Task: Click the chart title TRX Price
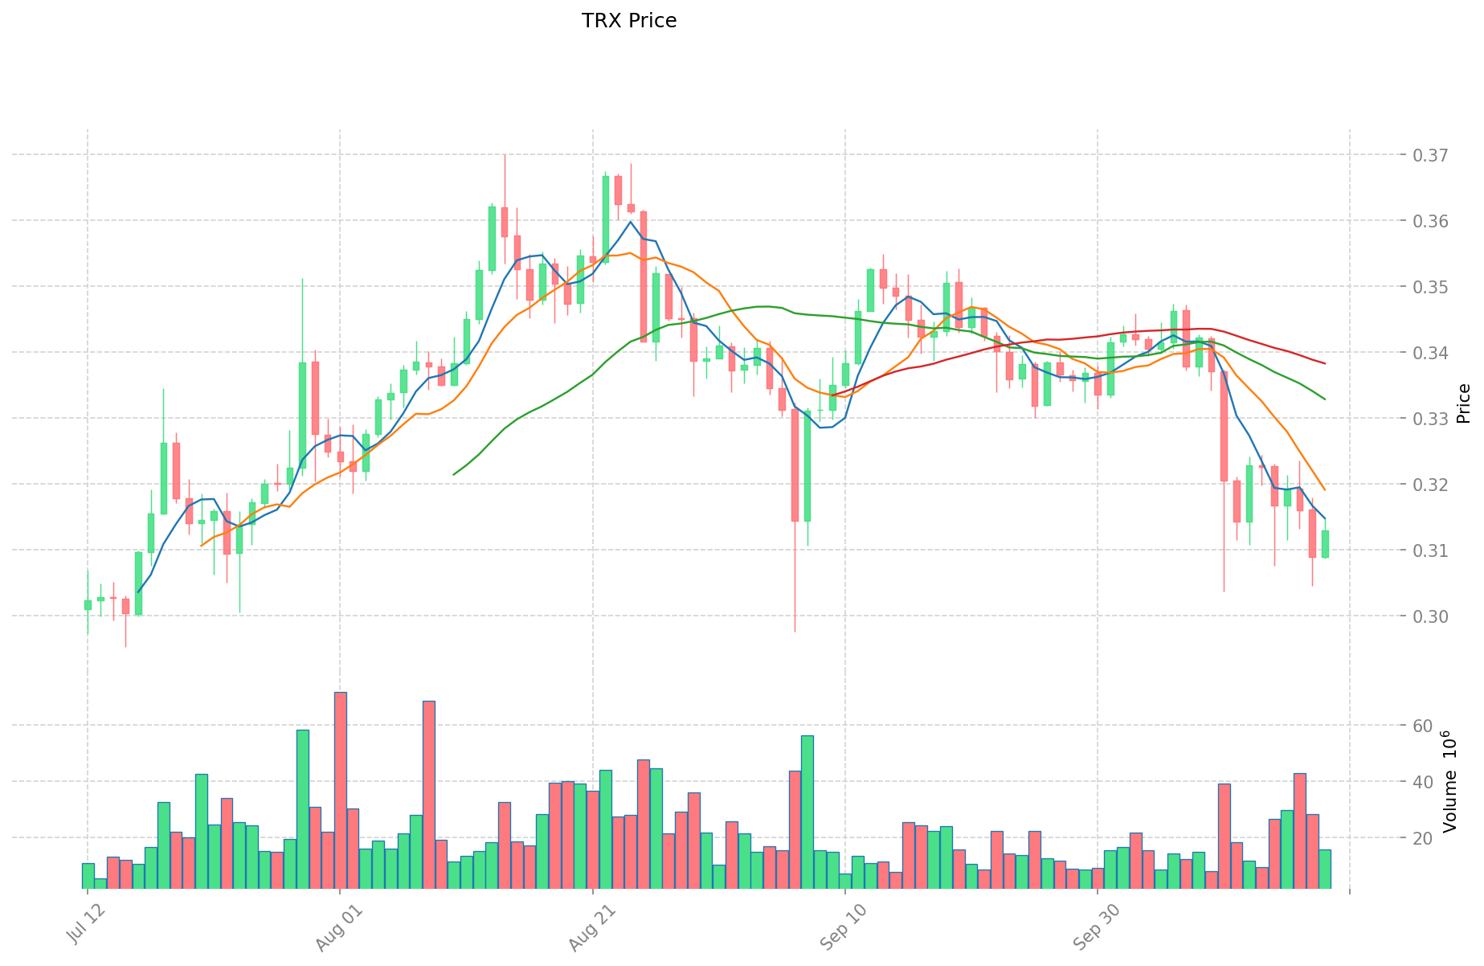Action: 628,21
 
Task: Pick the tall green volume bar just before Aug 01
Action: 303,808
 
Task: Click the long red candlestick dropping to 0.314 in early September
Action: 795,465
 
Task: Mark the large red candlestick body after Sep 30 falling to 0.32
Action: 1224,426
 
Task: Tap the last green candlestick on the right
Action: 1325,544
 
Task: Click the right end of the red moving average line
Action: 1324,364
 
